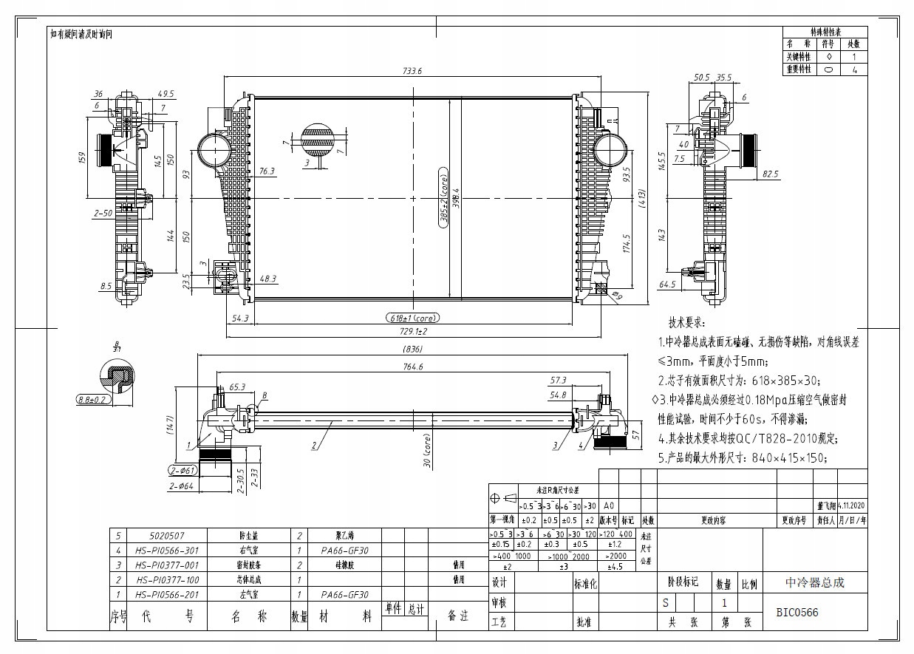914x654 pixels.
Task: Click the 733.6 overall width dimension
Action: [x=412, y=72]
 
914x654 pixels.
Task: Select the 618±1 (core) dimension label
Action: [x=412, y=318]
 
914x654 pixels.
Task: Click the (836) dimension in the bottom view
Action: [x=413, y=350]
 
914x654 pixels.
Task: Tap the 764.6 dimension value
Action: [x=412, y=367]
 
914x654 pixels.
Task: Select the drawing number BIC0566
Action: [x=797, y=613]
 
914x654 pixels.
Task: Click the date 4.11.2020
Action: [x=852, y=505]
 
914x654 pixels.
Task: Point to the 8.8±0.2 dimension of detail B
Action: [x=92, y=400]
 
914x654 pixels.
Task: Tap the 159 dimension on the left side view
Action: [x=83, y=157]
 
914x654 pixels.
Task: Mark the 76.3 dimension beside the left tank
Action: [x=266, y=171]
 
